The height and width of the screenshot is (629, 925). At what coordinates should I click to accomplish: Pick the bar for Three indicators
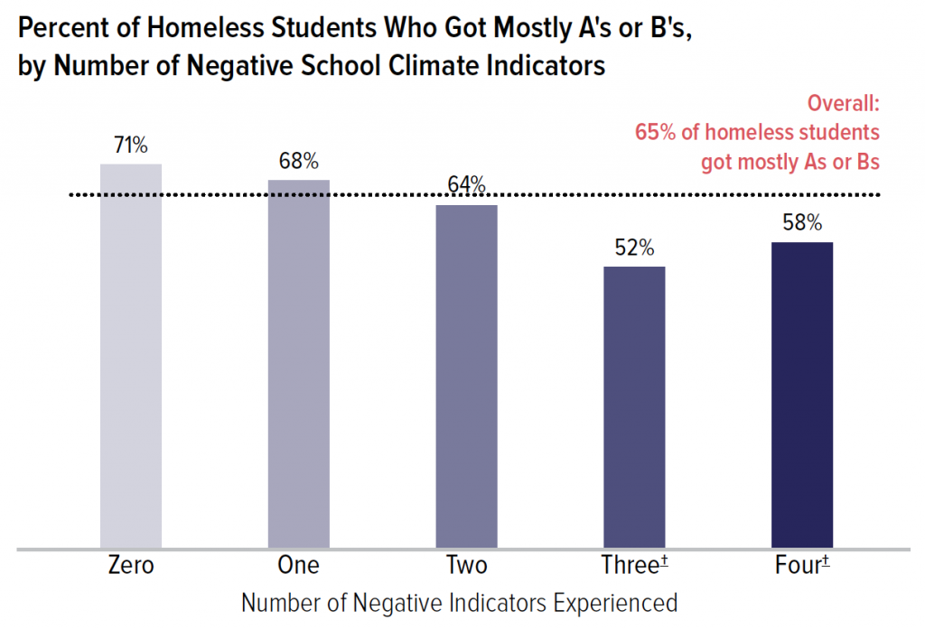(x=634, y=407)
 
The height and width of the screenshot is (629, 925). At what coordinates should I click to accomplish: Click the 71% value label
(x=130, y=146)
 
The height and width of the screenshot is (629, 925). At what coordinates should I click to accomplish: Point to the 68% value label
(x=298, y=163)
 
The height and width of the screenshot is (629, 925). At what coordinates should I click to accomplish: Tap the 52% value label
(x=634, y=249)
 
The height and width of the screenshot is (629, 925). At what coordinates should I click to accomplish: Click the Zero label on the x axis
(x=131, y=567)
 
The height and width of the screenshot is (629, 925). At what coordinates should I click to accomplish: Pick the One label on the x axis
(x=299, y=567)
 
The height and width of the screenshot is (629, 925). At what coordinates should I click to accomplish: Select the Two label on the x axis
(x=466, y=567)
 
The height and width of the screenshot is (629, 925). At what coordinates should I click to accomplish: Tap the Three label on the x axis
(x=629, y=567)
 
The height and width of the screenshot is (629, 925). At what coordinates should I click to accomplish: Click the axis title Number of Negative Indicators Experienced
(x=460, y=603)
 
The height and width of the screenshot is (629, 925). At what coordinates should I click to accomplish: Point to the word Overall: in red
(x=844, y=103)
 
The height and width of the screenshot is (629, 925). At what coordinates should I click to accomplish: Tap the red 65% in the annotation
(x=654, y=132)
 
